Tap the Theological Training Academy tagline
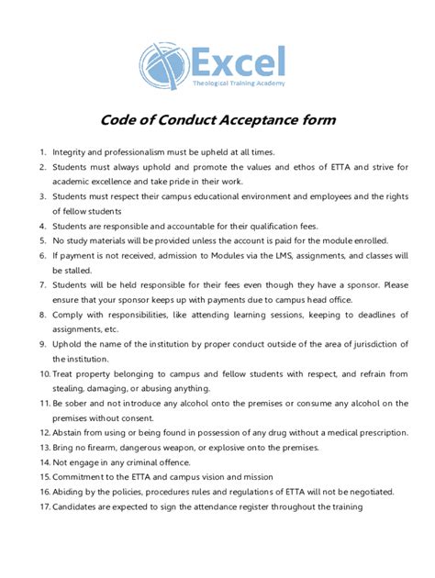(x=238, y=84)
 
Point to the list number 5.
(x=42, y=239)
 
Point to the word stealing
(x=72, y=388)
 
